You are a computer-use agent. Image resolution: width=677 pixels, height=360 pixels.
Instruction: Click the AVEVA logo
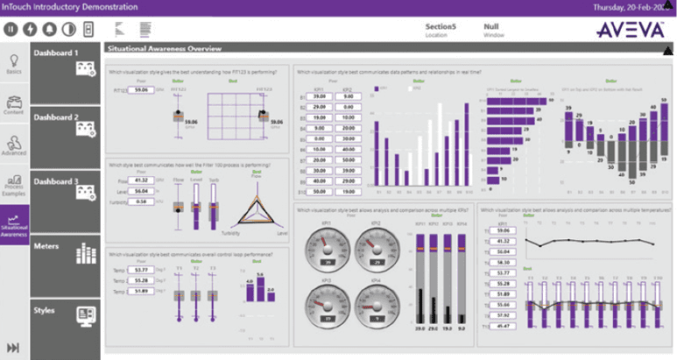coord(630,30)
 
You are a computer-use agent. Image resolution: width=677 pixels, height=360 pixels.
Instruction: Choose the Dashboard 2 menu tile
coord(66,136)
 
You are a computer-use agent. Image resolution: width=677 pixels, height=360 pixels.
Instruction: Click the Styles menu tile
coord(66,318)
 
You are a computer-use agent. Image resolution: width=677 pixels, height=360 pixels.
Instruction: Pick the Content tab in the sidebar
coord(14,104)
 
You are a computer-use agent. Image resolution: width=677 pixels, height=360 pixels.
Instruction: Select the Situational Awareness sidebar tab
coord(14,227)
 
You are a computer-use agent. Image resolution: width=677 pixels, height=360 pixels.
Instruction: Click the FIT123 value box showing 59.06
coord(138,89)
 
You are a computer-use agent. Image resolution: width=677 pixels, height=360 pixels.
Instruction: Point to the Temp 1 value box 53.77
coord(141,270)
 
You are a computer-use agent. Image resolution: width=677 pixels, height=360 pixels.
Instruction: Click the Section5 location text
coord(441,26)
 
